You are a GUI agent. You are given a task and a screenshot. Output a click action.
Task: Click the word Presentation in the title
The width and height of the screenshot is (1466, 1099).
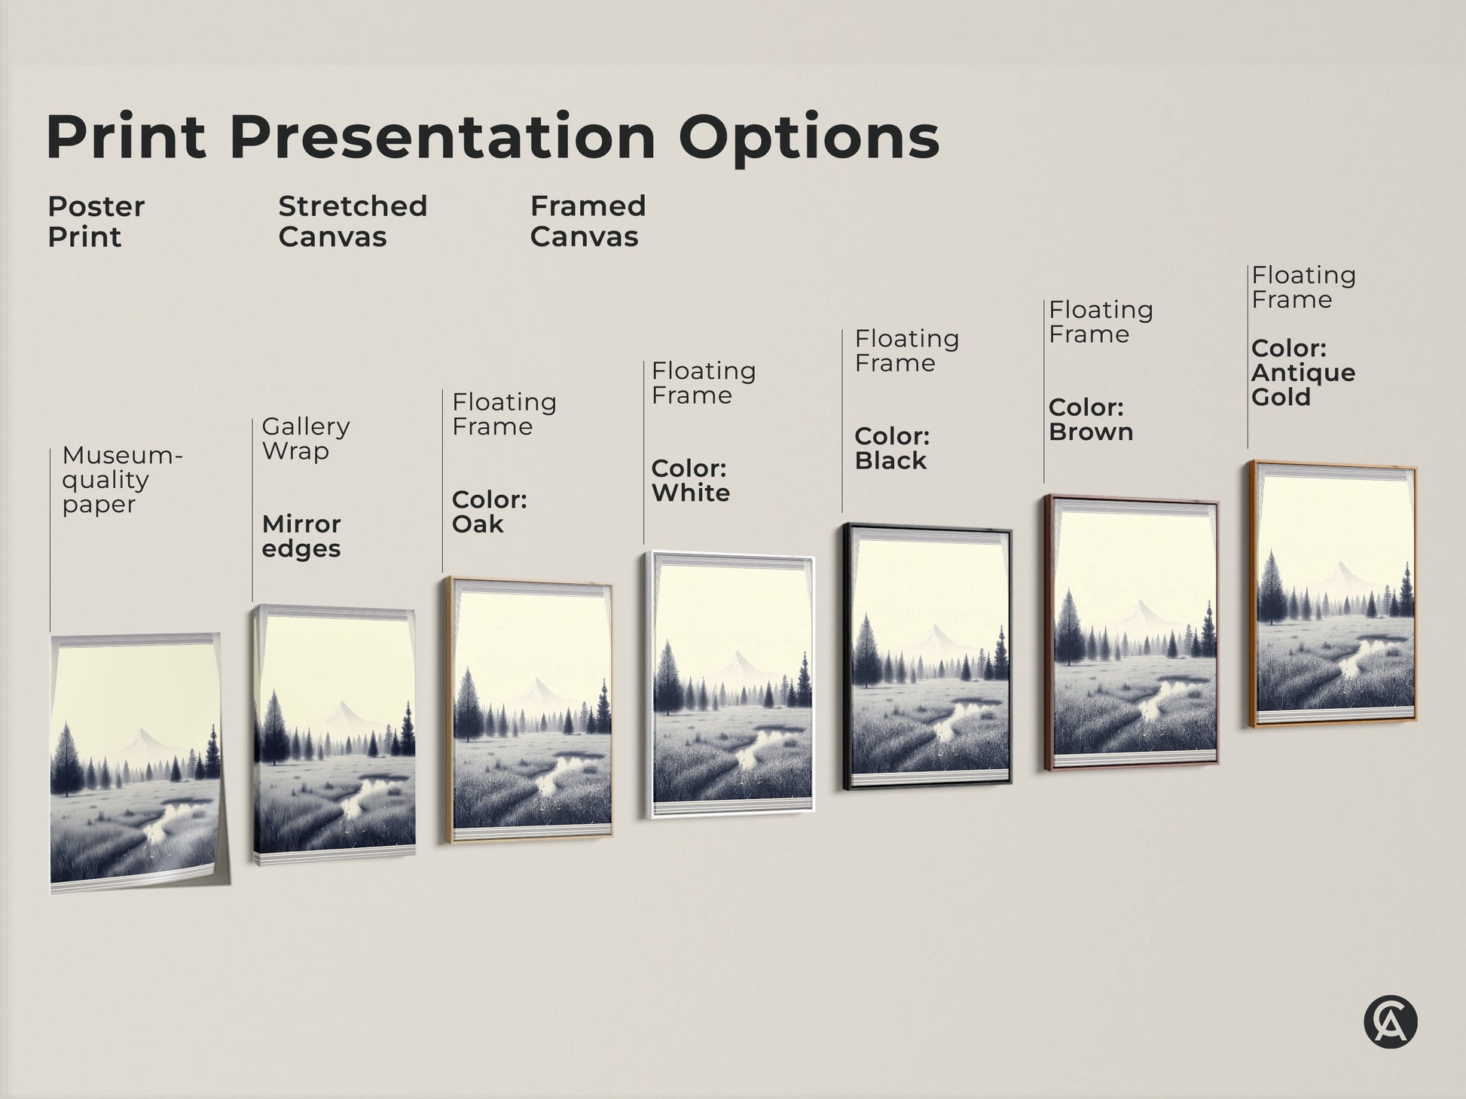(x=447, y=137)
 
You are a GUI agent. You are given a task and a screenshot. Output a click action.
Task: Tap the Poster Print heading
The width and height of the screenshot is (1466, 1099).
(x=96, y=221)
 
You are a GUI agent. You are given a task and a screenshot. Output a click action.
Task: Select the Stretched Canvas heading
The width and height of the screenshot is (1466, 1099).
(x=352, y=221)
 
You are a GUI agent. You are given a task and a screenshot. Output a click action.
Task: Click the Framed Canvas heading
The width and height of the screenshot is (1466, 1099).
(x=588, y=221)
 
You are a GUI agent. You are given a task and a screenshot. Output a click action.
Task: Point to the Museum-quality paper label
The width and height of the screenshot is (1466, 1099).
(x=121, y=480)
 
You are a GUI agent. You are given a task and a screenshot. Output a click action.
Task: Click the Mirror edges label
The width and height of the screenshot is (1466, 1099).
(x=301, y=536)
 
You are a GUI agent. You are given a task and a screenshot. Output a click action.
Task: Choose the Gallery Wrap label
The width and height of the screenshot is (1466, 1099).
(x=305, y=438)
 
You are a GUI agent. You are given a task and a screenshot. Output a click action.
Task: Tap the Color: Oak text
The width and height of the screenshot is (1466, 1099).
(x=489, y=511)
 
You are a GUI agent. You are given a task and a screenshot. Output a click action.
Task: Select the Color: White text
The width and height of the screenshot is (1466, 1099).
(x=690, y=481)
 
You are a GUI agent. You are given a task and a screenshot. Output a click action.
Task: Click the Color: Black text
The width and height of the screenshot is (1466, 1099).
(x=892, y=448)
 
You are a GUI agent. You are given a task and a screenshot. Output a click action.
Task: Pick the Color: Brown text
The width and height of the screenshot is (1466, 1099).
(x=1090, y=420)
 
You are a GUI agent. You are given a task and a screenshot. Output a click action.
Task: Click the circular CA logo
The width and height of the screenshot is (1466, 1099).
(x=1390, y=1022)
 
